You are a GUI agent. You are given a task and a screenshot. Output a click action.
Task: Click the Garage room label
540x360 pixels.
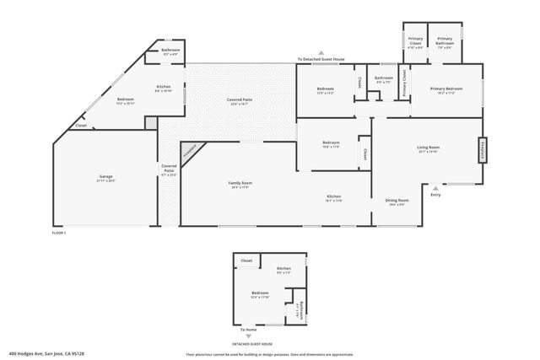(x=105, y=178)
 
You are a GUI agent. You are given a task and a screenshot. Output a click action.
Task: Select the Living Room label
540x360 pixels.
(x=428, y=148)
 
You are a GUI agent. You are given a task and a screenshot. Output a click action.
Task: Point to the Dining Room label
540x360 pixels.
(x=397, y=201)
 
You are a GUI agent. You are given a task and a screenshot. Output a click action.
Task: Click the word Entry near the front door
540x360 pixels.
(x=435, y=196)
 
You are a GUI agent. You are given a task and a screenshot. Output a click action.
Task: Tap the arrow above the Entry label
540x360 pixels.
(x=435, y=188)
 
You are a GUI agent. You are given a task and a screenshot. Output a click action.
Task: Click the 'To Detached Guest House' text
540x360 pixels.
(x=321, y=59)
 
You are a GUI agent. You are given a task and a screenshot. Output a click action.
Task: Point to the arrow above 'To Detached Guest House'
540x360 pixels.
(x=321, y=51)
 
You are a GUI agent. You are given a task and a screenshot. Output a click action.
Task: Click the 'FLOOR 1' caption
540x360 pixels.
(x=59, y=232)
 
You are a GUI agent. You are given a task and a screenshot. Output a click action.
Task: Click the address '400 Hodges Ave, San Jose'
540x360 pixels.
(x=46, y=354)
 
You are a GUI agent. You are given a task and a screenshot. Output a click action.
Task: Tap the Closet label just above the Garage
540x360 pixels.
(x=81, y=126)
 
